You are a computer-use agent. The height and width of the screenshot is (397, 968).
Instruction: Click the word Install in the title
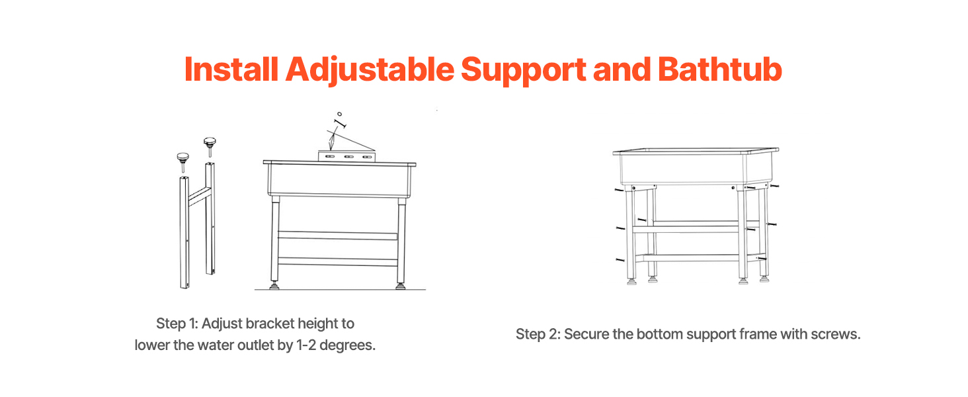tap(231, 69)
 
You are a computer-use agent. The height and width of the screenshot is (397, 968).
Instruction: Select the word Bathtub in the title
tap(720, 69)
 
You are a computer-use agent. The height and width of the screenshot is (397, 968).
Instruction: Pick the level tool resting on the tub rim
tap(346, 156)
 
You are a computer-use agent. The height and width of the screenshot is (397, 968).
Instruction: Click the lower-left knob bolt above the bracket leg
tap(182, 161)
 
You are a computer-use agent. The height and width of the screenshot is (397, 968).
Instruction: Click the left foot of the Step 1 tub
tap(274, 286)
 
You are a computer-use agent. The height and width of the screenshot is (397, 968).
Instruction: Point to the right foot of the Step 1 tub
tap(401, 286)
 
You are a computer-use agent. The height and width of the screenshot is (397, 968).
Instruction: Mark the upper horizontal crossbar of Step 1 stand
tap(337, 236)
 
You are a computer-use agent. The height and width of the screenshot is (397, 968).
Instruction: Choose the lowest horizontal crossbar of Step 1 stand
tap(337, 261)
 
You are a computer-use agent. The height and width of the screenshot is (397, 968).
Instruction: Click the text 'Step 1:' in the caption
tap(177, 324)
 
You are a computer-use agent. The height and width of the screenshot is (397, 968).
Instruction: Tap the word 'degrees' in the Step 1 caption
tap(346, 345)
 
